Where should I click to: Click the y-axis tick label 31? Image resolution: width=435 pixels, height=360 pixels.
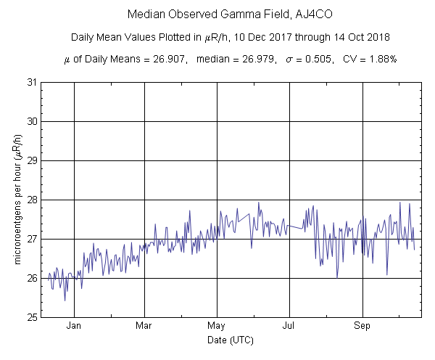pyautogui.click(x=33, y=82)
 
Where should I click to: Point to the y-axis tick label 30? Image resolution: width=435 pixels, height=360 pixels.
pyautogui.click(x=33, y=121)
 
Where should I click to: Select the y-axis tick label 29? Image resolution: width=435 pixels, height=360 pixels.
pyautogui.click(x=33, y=160)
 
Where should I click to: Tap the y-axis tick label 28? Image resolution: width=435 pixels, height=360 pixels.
pyautogui.click(x=33, y=200)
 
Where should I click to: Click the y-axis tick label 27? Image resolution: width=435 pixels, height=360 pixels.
pyautogui.click(x=33, y=239)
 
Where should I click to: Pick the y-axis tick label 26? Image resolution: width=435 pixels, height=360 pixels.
pyautogui.click(x=33, y=278)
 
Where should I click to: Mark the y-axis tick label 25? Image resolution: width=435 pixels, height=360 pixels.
pyautogui.click(x=33, y=317)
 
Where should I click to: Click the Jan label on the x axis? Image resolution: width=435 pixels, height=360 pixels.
pyautogui.click(x=74, y=326)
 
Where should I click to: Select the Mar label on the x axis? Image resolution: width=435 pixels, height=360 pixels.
pyautogui.click(x=144, y=326)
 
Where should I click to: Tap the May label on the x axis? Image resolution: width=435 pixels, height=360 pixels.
pyautogui.click(x=217, y=326)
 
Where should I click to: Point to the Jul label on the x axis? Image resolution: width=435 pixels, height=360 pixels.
pyautogui.click(x=290, y=326)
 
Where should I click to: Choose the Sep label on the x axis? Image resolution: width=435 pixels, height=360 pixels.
pyautogui.click(x=362, y=326)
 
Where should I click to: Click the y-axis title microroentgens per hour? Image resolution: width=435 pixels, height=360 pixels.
pyautogui.click(x=19, y=200)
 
